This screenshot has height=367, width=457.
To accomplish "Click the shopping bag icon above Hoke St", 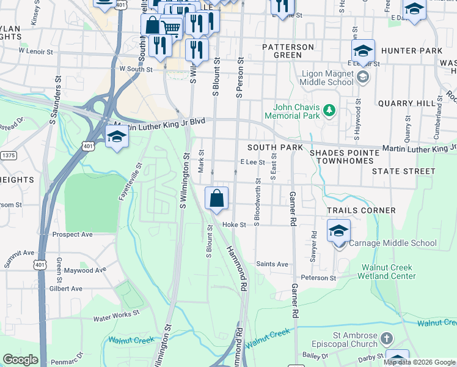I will [216, 199].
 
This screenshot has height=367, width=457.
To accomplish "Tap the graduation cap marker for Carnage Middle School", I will [338, 232].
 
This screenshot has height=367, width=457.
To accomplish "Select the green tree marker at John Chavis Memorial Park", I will [330, 110].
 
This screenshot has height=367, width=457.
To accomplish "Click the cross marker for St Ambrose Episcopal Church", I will [386, 338].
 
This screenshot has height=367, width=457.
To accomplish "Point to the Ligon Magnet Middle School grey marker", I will [363, 76].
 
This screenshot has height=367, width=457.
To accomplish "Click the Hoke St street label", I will [233, 224].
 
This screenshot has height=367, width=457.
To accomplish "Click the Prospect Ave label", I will [72, 234].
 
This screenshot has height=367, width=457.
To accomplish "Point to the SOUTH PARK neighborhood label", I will [275, 148].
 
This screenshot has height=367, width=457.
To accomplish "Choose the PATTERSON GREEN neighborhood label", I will [287, 51].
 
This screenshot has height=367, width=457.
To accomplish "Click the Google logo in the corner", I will [20, 360].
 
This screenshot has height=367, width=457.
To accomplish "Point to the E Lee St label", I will [252, 162].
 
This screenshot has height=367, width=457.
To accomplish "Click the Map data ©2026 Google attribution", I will [419, 362].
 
